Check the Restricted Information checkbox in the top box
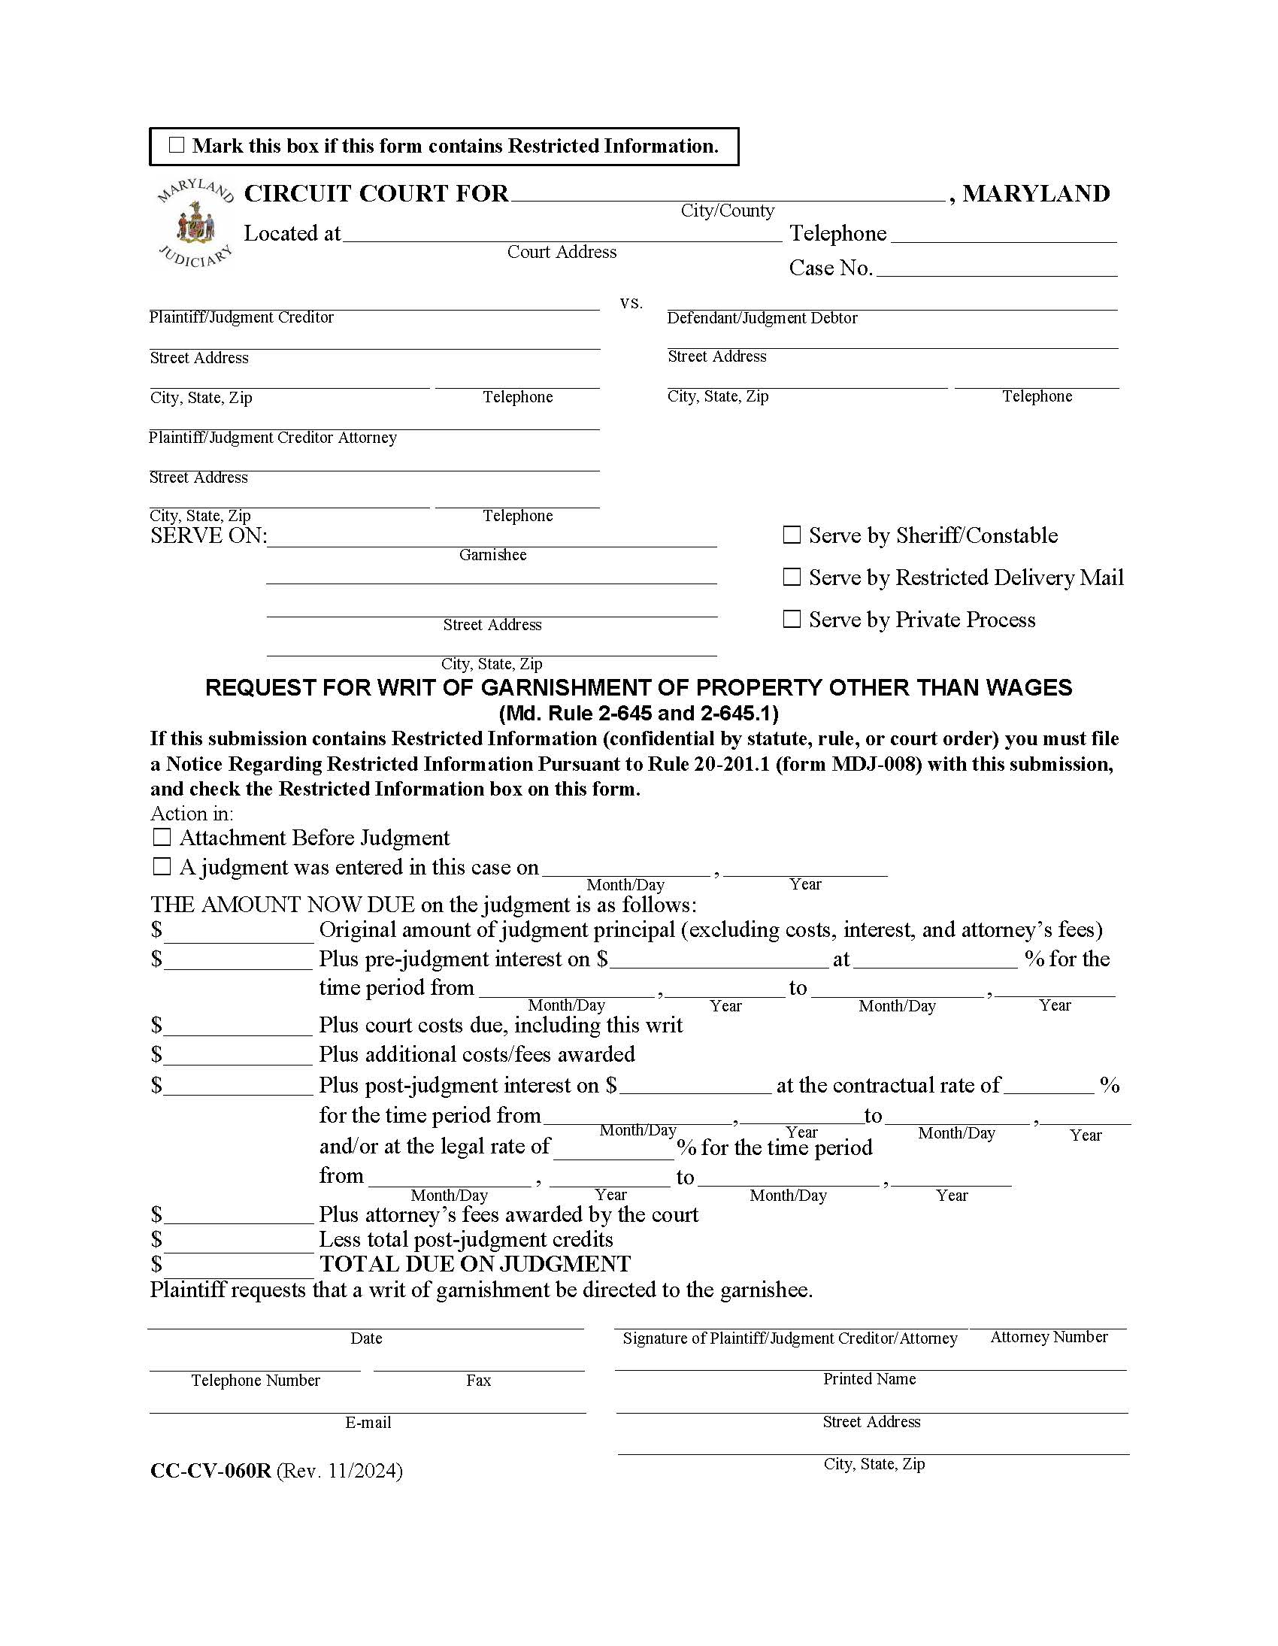click(177, 144)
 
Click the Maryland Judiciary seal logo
click(195, 224)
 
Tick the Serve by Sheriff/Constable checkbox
click(791, 535)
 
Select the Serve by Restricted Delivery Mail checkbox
click(791, 577)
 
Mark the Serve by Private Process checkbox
click(791, 619)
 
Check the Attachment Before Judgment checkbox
click(162, 838)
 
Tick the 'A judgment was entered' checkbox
click(162, 867)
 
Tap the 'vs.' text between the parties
click(631, 303)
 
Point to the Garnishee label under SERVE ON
click(493, 555)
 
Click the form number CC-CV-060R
click(210, 1470)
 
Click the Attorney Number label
click(1048, 1337)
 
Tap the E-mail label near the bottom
click(368, 1422)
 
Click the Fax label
click(478, 1380)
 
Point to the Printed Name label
click(869, 1378)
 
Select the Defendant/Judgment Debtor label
click(762, 318)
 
